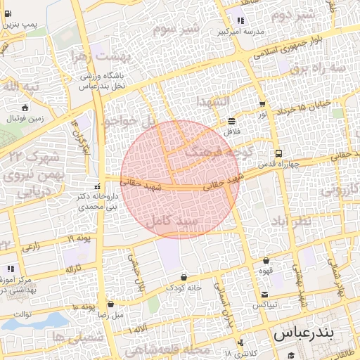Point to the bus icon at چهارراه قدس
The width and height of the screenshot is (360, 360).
[278, 153]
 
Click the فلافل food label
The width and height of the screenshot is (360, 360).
[231, 131]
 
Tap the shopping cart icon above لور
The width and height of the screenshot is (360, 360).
[262, 104]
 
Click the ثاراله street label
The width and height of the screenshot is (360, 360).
[74, 269]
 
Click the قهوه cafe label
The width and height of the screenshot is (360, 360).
[268, 269]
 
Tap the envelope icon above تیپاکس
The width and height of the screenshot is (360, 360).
[264, 294]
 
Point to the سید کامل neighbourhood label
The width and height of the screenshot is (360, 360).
[172, 221]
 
